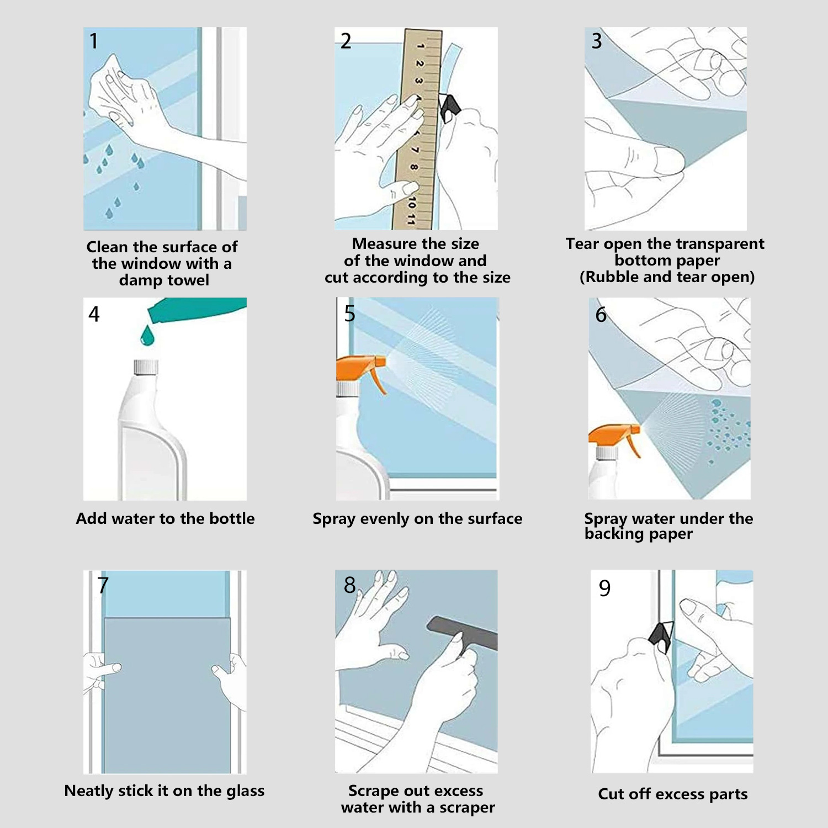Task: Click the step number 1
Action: click(94, 41)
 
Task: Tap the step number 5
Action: click(349, 314)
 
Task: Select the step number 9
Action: click(605, 588)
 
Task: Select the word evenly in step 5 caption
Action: click(383, 519)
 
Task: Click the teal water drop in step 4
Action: click(147, 335)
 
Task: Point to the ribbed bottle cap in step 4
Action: click(146, 367)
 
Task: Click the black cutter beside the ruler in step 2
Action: click(449, 108)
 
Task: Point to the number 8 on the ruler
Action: click(414, 167)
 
